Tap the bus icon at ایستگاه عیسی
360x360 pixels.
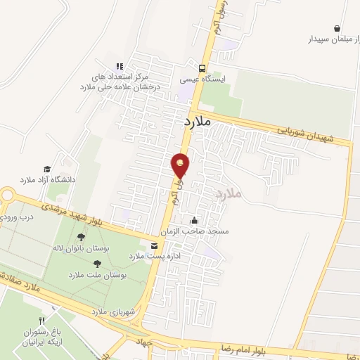tap(202, 69)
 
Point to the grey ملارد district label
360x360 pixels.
tap(229, 192)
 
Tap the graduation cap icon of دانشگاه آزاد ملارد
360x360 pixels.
tap(47, 169)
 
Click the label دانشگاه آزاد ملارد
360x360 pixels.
tap(47, 180)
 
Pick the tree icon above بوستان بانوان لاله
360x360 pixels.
tap(81, 237)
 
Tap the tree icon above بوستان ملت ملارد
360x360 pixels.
tap(97, 264)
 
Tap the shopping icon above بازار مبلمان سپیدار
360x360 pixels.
tap(337, 29)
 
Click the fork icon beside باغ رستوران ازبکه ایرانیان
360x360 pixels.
tap(50, 309)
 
